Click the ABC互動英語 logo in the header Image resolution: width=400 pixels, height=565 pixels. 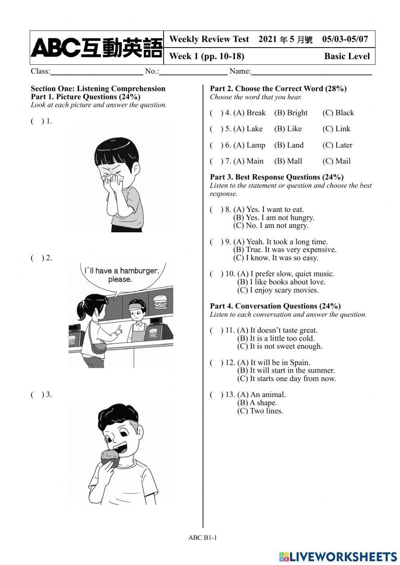click(x=96, y=48)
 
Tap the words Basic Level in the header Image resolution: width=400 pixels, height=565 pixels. click(x=347, y=56)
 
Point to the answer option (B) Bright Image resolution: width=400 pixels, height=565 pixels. click(x=291, y=113)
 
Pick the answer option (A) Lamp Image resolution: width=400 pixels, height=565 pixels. click(x=249, y=145)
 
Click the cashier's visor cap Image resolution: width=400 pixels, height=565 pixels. click(x=136, y=307)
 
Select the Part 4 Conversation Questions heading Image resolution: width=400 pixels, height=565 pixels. click(x=275, y=306)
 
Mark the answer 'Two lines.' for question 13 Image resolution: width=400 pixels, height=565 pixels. click(x=260, y=411)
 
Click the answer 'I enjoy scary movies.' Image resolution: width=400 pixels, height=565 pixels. click(x=278, y=290)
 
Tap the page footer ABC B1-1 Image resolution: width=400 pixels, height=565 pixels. click(x=202, y=538)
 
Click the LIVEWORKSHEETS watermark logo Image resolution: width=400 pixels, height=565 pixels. click(x=338, y=556)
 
